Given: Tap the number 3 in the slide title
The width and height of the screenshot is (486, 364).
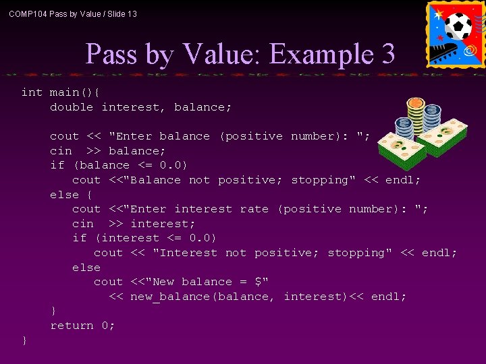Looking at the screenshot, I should pyautogui.click(x=388, y=54).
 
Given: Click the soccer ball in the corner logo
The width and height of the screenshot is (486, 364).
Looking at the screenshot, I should pyautogui.click(x=458, y=26).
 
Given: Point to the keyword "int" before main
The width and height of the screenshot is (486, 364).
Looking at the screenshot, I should pyautogui.click(x=32, y=92).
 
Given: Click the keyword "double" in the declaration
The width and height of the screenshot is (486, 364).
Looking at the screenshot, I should pyautogui.click(x=72, y=107).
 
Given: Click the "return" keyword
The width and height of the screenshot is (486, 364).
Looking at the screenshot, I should pyautogui.click(x=72, y=326).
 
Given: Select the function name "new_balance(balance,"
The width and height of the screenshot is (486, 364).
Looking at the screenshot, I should pyautogui.click(x=202, y=297).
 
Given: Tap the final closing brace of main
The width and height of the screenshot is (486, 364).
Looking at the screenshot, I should pyautogui.click(x=25, y=340).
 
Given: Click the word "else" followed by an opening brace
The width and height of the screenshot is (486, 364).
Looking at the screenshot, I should pyautogui.click(x=64, y=195).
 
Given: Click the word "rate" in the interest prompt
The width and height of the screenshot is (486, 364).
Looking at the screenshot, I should pyautogui.click(x=254, y=209).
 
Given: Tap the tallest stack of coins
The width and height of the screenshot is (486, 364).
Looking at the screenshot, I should pyautogui.click(x=415, y=118).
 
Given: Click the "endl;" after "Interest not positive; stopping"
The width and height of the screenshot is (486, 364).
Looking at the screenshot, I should pyautogui.click(x=439, y=253).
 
